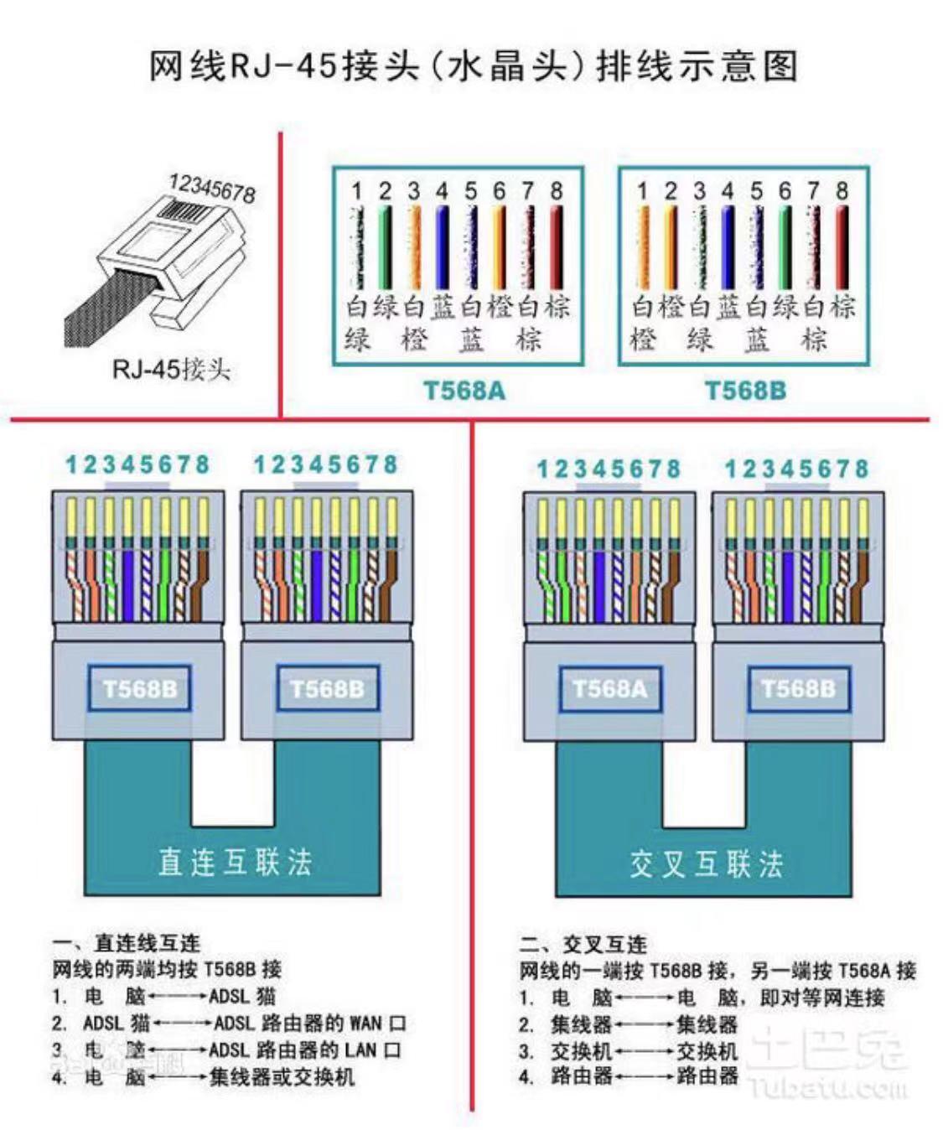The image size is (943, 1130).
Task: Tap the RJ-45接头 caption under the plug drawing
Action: [171, 369]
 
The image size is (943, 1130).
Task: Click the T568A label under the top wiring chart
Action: [464, 391]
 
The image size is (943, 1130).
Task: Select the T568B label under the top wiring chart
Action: [745, 391]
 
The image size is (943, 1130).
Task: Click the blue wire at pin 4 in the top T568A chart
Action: [442, 247]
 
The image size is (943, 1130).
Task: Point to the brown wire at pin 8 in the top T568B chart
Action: [842, 247]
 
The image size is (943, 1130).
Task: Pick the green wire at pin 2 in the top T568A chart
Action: [385, 247]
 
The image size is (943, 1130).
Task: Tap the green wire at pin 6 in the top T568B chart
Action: [785, 247]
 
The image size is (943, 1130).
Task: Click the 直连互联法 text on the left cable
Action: [235, 862]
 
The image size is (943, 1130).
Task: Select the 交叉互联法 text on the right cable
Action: [706, 863]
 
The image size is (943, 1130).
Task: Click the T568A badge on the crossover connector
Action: [609, 689]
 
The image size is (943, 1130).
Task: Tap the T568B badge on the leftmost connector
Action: [140, 689]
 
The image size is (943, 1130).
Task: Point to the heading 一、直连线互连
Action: [126, 943]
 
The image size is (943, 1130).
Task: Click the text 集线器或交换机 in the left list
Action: [282, 1076]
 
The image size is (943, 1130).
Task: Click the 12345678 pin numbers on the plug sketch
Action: [212, 189]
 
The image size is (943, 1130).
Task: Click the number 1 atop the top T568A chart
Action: [356, 191]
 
